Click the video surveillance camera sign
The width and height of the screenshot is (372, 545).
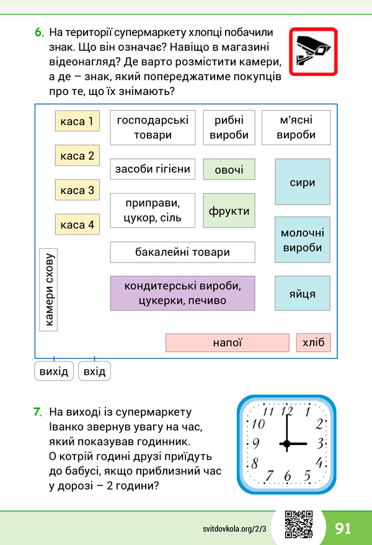(313, 52)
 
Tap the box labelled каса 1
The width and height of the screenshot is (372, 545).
(77, 121)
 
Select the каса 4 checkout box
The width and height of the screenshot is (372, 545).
(77, 224)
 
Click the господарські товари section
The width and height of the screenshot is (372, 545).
(153, 128)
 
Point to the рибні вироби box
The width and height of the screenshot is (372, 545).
(229, 128)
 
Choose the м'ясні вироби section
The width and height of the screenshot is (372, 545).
(296, 128)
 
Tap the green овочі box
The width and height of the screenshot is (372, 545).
(229, 169)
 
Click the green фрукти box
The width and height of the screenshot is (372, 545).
(229, 210)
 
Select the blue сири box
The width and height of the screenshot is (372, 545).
(303, 182)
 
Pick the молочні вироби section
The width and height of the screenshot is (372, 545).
(303, 240)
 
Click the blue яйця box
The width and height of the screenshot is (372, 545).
(303, 294)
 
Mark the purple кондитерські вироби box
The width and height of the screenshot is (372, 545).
(182, 294)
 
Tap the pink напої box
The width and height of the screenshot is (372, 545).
(228, 343)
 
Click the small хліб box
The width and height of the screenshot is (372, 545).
(313, 343)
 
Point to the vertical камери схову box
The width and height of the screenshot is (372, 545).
(48, 290)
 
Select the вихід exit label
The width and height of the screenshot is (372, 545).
(54, 371)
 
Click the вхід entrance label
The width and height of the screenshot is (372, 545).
(94, 371)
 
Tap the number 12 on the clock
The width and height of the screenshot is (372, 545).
(287, 411)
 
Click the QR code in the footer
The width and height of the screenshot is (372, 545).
(299, 525)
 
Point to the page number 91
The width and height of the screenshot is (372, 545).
(343, 528)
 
